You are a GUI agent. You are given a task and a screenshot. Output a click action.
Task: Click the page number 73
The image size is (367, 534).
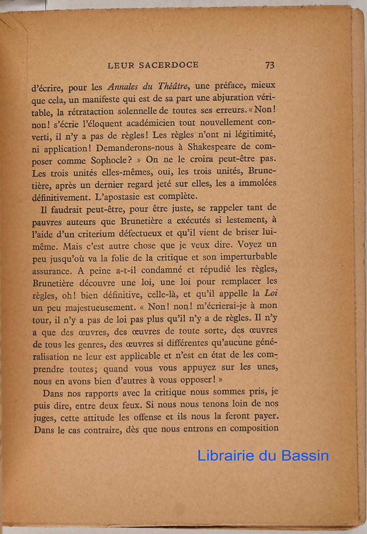click(269, 65)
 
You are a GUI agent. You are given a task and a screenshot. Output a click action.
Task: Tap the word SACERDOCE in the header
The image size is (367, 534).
click(168, 65)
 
